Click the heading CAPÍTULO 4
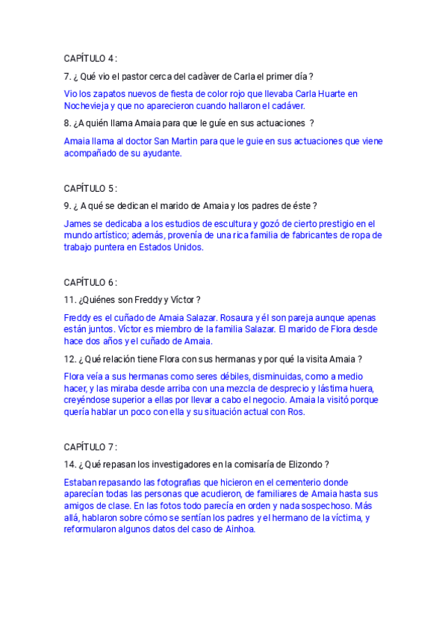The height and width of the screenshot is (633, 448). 90,58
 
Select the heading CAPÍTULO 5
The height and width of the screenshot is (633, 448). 90,188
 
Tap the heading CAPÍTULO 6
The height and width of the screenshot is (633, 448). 90,282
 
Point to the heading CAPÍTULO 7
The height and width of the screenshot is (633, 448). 90,447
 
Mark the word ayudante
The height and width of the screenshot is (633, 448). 160,153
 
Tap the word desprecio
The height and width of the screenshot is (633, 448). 274,388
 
